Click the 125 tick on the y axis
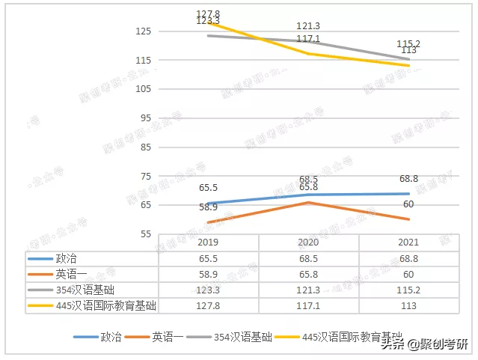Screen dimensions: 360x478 coord(144,31)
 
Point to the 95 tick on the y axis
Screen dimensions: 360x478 coord(146,118)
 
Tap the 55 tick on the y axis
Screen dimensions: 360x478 coord(146,234)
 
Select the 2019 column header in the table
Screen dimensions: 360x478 coord(209,242)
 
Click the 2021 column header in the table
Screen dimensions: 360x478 coord(408,242)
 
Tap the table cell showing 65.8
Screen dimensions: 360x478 coord(308,273)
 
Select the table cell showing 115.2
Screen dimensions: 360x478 coord(408,290)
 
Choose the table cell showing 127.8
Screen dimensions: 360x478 coord(209,305)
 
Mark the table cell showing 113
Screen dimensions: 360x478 coord(408,305)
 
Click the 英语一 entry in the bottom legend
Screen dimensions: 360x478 coord(166,337)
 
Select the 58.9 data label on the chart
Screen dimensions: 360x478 coord(208,207)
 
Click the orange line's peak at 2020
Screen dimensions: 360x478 coord(308,202)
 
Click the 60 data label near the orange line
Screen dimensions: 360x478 coord(408,204)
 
